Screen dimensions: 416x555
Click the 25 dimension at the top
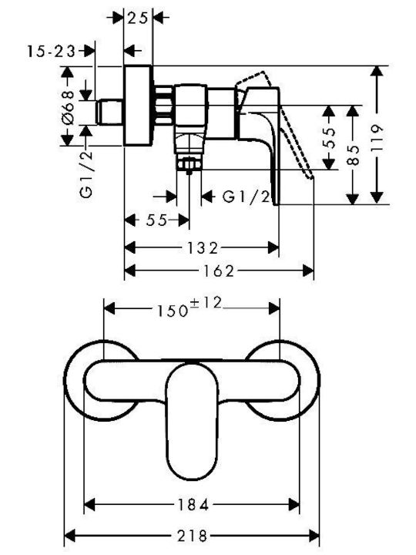point(137,18)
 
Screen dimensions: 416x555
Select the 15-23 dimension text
point(52,52)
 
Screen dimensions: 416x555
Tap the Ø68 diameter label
point(68,107)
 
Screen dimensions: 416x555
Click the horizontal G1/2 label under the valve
point(247,196)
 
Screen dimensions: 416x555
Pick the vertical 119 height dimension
point(377,138)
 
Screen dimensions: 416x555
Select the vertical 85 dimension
point(353,155)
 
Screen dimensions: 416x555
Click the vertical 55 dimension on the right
point(329,137)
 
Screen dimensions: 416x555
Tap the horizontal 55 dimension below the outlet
point(156,220)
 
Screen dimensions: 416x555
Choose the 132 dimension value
point(202,247)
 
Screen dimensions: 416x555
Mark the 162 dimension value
point(218,271)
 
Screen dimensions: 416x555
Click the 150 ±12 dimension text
point(190,308)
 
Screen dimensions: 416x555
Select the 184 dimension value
point(192,504)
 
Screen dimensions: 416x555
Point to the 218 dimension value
point(192,536)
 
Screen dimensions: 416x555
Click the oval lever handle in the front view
point(191,421)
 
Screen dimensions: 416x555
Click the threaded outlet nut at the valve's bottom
point(190,164)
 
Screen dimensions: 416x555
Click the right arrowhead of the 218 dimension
point(314,536)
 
